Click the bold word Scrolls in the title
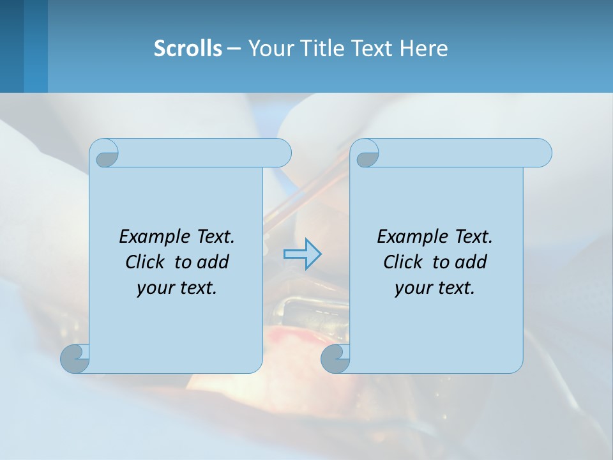coord(188,49)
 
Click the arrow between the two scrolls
coord(302,254)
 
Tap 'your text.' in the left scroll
coord(177,287)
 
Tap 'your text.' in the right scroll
coord(435,287)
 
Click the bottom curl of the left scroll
coord(75,358)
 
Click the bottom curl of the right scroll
coord(335,358)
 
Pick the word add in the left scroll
coord(213,262)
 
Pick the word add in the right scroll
coord(471,262)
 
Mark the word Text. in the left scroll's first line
coord(214,236)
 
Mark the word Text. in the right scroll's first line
coord(472,236)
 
